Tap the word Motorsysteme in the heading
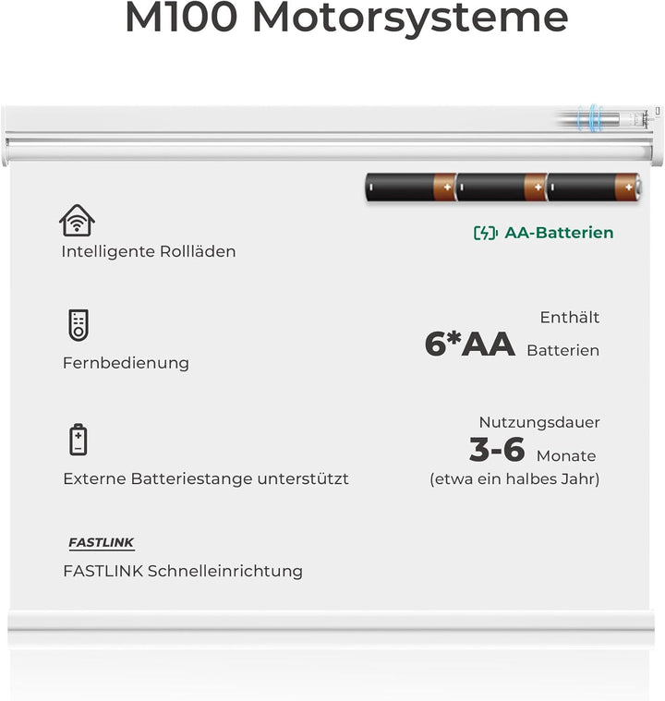pyautogui.click(x=410, y=19)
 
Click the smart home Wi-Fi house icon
pyautogui.click(x=77, y=221)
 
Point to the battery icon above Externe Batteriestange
pyautogui.click(x=79, y=440)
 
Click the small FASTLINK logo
pyautogui.click(x=102, y=544)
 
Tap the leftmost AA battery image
pyautogui.click(x=410, y=187)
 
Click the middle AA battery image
pyautogui.click(x=501, y=187)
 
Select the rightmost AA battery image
pyautogui.click(x=592, y=187)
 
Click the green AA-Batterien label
pyautogui.click(x=559, y=233)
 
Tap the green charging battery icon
pyautogui.click(x=485, y=233)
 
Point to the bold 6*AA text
pyautogui.click(x=469, y=344)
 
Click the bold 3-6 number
pyautogui.click(x=497, y=451)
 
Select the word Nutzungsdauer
pyautogui.click(x=539, y=422)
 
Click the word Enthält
pyautogui.click(x=570, y=318)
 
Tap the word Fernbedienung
pyautogui.click(x=126, y=363)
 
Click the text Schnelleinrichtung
pyautogui.click(x=225, y=571)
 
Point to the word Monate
pyautogui.click(x=566, y=456)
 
